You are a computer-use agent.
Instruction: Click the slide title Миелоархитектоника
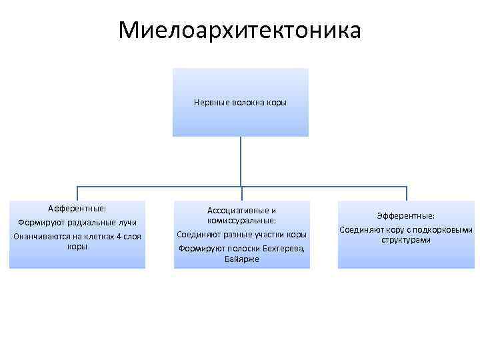click(x=240, y=30)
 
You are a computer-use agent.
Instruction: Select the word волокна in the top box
click(x=247, y=103)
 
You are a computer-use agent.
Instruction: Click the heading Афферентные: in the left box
click(x=77, y=208)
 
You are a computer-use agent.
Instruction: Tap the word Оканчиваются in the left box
click(x=40, y=236)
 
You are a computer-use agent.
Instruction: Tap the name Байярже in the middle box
click(x=242, y=259)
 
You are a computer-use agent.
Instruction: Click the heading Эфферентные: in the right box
click(x=405, y=216)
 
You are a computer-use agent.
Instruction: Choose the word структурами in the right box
click(x=406, y=239)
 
